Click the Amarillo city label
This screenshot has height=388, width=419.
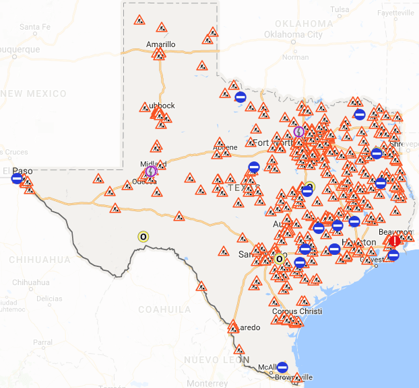pyautogui.click(x=160, y=44)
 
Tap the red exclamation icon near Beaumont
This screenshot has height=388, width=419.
pyautogui.click(x=395, y=241)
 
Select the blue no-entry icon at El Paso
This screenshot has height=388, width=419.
pyautogui.click(x=17, y=178)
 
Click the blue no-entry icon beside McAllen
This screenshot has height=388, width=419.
pyautogui.click(x=282, y=367)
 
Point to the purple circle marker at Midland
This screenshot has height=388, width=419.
pyautogui.click(x=151, y=171)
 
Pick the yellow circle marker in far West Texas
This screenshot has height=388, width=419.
pyautogui.click(x=143, y=237)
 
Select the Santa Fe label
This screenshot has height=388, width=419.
pyautogui.click(x=35, y=27)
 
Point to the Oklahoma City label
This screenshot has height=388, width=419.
pyautogui.click(x=293, y=34)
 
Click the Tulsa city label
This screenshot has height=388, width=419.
pyautogui.click(x=340, y=9)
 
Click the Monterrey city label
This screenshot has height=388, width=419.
pyautogui.click(x=207, y=383)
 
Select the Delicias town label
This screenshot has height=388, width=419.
pyautogui.click(x=49, y=298)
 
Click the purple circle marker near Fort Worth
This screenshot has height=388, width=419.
pyautogui.click(x=299, y=131)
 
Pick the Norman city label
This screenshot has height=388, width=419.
pyautogui.click(x=295, y=57)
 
